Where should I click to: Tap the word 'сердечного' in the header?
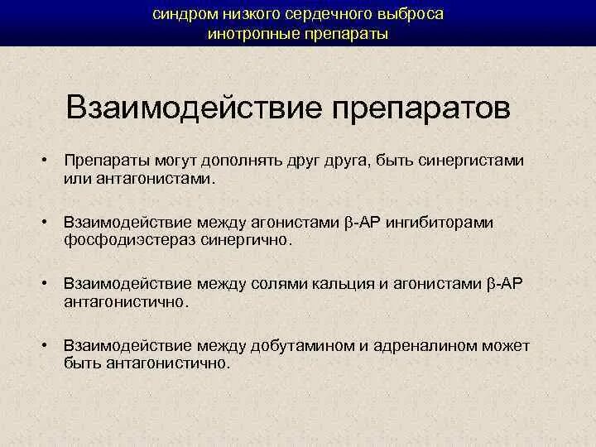[324, 15]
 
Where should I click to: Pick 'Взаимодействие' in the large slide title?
[193, 108]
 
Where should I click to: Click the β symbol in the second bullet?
[348, 223]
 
